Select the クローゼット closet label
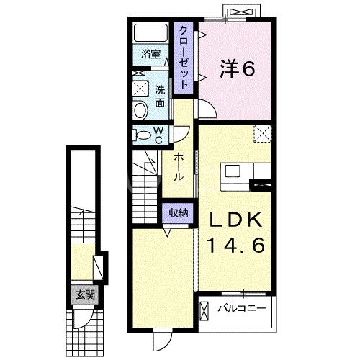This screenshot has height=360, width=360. coord(185,57)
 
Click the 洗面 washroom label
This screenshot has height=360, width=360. coord(161,96)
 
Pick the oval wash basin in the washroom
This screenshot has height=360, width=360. coord(140,109)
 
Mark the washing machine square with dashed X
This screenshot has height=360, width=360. coord(140,90)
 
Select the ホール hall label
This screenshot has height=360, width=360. coord(178,166)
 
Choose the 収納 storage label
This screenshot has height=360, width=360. coord(179,212)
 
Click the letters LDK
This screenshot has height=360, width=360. coord(237,220)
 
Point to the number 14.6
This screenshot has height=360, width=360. coord(237,245)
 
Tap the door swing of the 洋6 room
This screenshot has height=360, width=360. coord(206,109)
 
